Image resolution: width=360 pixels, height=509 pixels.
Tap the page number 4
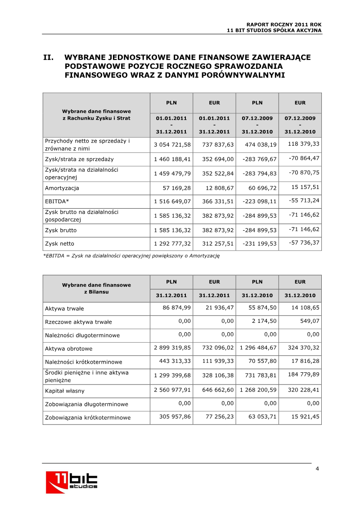click(x=317, y=469)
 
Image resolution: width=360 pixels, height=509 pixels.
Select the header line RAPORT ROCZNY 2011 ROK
click(x=284, y=24)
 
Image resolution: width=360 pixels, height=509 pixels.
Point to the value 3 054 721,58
click(x=172, y=144)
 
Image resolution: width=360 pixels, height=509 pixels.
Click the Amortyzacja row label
click(x=62, y=188)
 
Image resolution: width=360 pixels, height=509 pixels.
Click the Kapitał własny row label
click(x=65, y=391)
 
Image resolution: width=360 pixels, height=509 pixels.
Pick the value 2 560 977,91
click(x=172, y=390)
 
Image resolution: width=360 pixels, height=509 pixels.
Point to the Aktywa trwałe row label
click(x=64, y=308)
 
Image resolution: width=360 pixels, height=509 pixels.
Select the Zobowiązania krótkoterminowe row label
click(x=88, y=418)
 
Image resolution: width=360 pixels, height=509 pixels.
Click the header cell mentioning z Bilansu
click(x=96, y=288)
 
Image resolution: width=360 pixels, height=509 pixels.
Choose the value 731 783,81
click(x=259, y=375)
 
